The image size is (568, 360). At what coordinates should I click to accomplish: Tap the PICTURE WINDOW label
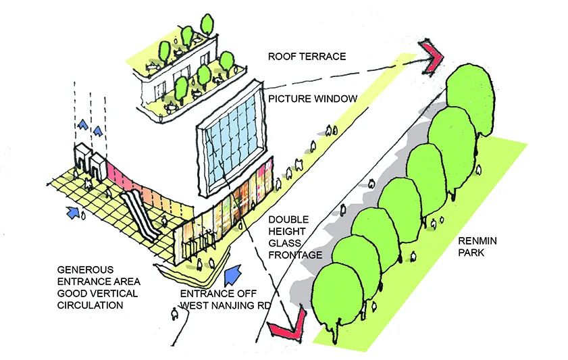(x=313, y=99)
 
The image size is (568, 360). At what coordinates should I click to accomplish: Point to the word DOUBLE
(x=288, y=220)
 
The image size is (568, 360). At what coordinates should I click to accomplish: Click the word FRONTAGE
(x=296, y=255)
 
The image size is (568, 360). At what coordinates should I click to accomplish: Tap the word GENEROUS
(x=85, y=270)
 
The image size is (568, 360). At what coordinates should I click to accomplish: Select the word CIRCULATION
(x=90, y=305)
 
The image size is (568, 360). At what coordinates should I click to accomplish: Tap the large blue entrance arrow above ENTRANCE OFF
(x=233, y=276)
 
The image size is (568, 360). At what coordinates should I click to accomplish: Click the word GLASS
(x=285, y=243)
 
